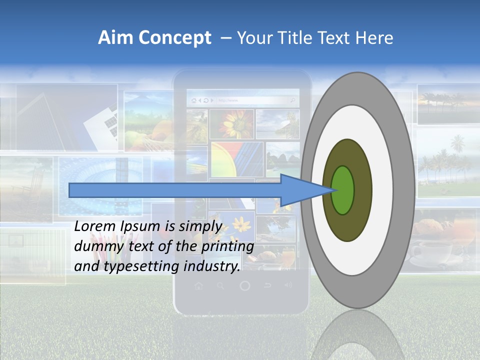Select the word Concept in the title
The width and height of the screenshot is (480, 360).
[x=174, y=38]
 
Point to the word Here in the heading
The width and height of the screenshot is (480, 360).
[x=374, y=38]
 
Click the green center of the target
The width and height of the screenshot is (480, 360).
[x=343, y=190]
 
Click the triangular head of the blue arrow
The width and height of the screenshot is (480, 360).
[x=300, y=190]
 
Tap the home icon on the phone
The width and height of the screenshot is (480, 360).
[x=199, y=286]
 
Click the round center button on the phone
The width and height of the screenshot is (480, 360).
[x=244, y=286]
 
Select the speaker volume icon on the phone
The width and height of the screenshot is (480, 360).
[x=288, y=285]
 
